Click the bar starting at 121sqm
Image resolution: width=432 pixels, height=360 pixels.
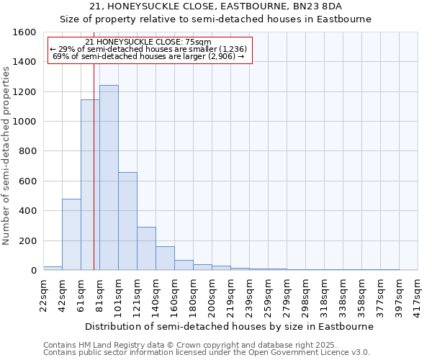(x=146, y=248)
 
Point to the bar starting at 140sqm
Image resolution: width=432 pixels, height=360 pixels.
(x=165, y=258)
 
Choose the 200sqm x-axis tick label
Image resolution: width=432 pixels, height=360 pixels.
(x=212, y=295)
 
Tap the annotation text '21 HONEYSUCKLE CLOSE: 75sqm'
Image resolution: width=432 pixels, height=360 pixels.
(x=148, y=42)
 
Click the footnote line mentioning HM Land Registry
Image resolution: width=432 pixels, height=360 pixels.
(x=184, y=345)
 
